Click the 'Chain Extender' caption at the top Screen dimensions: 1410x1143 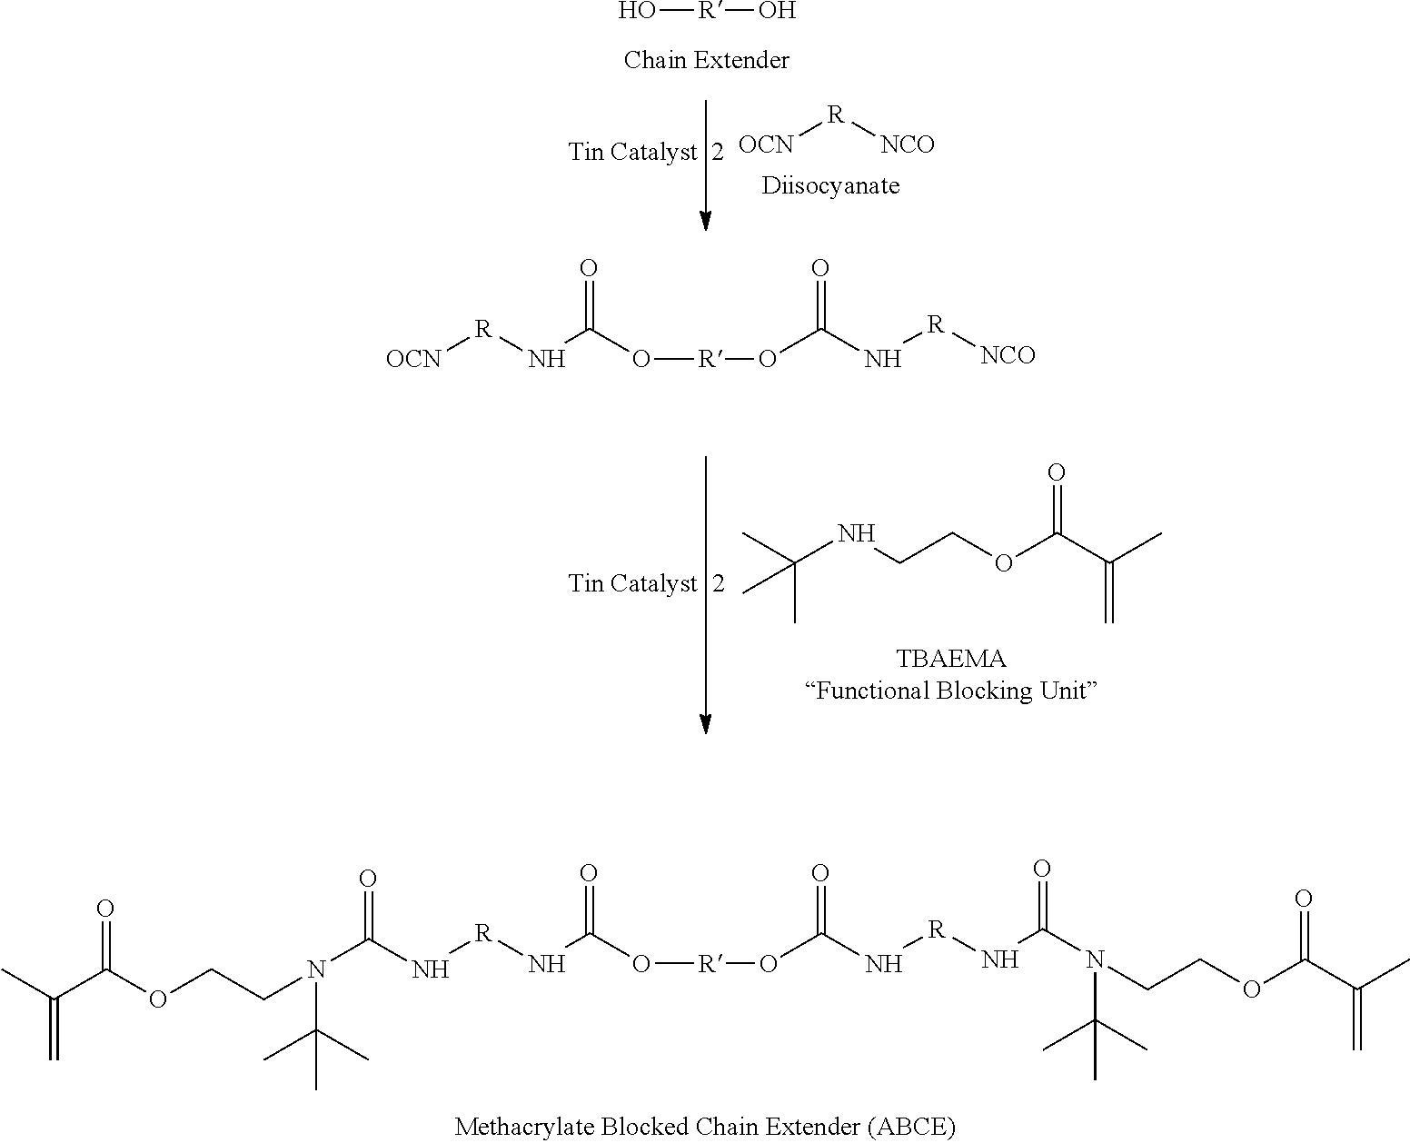pyautogui.click(x=706, y=60)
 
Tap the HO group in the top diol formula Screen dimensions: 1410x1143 pyautogui.click(x=636, y=11)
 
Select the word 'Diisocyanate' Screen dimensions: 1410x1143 pyautogui.click(x=830, y=186)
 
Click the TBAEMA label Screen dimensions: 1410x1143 pyautogui.click(x=951, y=659)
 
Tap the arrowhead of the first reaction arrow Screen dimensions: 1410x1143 pyautogui.click(x=706, y=221)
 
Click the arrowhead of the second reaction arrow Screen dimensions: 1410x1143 pyautogui.click(x=706, y=725)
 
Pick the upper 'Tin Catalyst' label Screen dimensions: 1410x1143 pyautogui.click(x=633, y=153)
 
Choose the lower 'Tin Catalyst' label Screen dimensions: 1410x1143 pyautogui.click(x=633, y=583)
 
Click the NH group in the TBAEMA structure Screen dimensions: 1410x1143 pyautogui.click(x=856, y=533)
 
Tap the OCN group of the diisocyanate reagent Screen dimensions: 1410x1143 pyautogui.click(x=766, y=144)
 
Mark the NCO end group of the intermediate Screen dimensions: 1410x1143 pyautogui.click(x=1008, y=356)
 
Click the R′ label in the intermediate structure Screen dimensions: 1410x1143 pyautogui.click(x=708, y=360)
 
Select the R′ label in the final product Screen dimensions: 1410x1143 pyautogui.click(x=708, y=965)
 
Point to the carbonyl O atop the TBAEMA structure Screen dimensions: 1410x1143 pyautogui.click(x=1057, y=472)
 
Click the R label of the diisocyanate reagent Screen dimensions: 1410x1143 pyautogui.click(x=836, y=115)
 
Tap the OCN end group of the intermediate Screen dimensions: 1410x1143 pyautogui.click(x=413, y=360)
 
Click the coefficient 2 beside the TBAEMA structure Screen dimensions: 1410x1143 pyautogui.click(x=719, y=583)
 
